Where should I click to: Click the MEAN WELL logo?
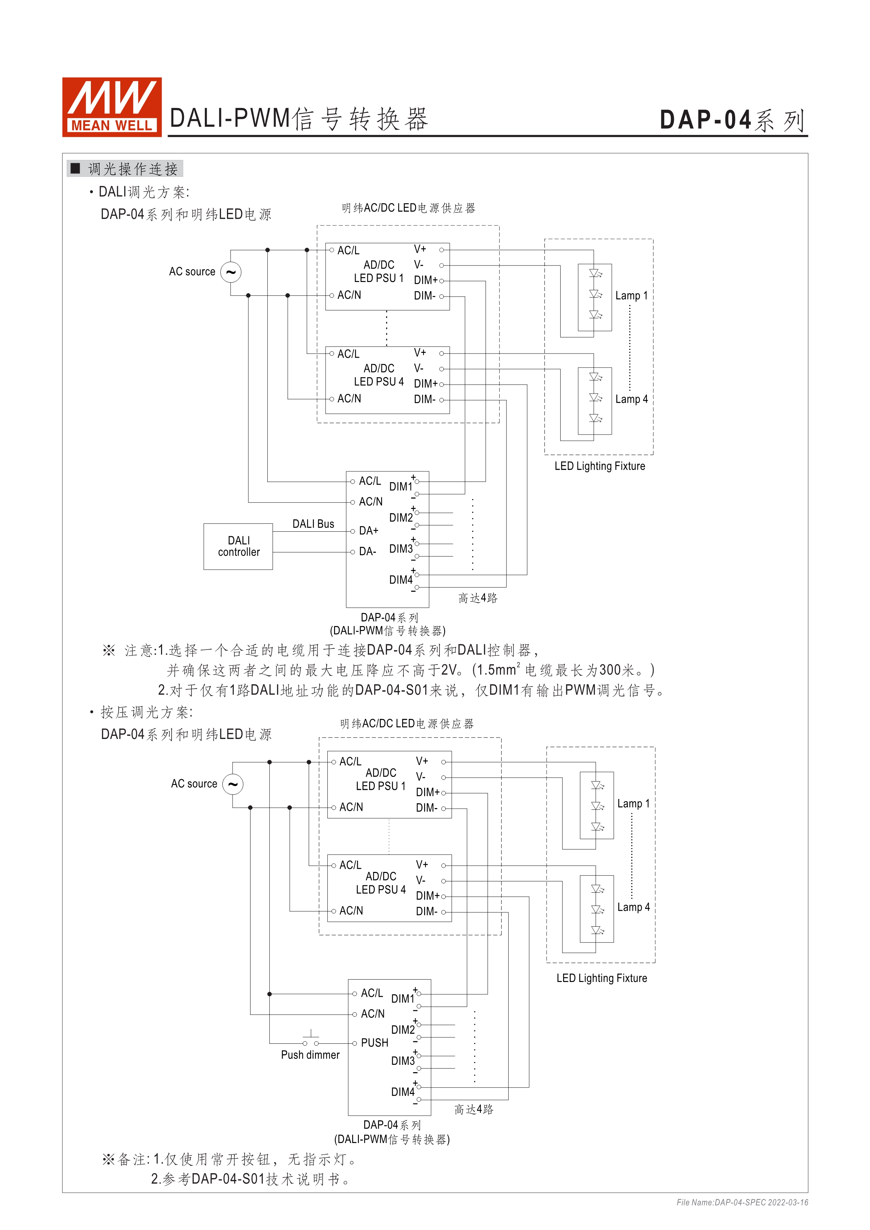[x=112, y=107]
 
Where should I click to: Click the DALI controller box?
[x=239, y=546]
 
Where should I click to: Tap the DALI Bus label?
[x=313, y=524]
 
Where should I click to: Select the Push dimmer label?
[x=310, y=1055]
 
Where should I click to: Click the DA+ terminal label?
[x=369, y=531]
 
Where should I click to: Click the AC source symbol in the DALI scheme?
[x=231, y=272]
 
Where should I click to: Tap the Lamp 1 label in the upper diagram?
[x=631, y=296]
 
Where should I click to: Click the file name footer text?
[x=742, y=1202]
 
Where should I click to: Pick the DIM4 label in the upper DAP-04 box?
[x=401, y=580]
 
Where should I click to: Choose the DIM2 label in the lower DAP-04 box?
[x=403, y=1030]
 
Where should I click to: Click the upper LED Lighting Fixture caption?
[x=600, y=466]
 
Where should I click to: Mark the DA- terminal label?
[x=368, y=552]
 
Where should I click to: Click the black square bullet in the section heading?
[x=75, y=169]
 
